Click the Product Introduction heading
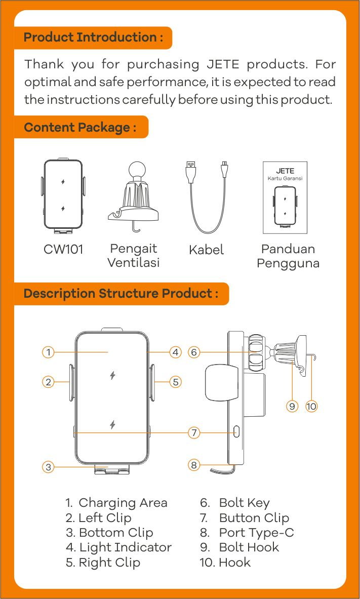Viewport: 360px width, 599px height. click(x=93, y=38)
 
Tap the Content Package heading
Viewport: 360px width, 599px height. click(x=81, y=127)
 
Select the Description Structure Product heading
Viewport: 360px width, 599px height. click(x=121, y=294)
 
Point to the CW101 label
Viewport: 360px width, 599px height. click(x=63, y=250)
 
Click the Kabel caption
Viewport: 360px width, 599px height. click(x=207, y=250)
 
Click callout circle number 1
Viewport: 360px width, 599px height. click(x=48, y=352)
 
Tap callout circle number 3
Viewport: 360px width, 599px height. click(x=48, y=467)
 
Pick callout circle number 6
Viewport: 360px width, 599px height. click(x=194, y=352)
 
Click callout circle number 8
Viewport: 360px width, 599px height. click(x=194, y=465)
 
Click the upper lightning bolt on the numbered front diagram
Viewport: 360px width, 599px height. click(x=112, y=376)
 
